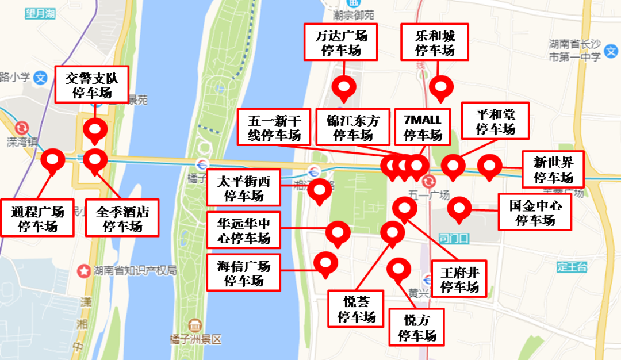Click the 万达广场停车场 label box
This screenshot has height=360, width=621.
coord(341,42)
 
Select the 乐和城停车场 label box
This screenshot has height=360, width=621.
coord(435,42)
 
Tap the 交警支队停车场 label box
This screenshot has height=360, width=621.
coord(92,85)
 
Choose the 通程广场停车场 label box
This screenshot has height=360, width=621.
coord(38,218)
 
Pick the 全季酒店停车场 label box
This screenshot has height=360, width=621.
coord(122,218)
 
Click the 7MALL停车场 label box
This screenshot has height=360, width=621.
coord(423,128)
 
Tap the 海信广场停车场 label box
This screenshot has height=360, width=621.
coord(244,273)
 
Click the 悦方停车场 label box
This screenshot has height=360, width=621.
coord(416,327)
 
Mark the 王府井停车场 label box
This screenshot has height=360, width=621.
coord(459,278)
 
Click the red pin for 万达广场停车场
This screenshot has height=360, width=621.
coord(344,87)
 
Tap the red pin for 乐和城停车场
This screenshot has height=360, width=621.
coord(441,88)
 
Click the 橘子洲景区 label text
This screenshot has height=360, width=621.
coord(192,339)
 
